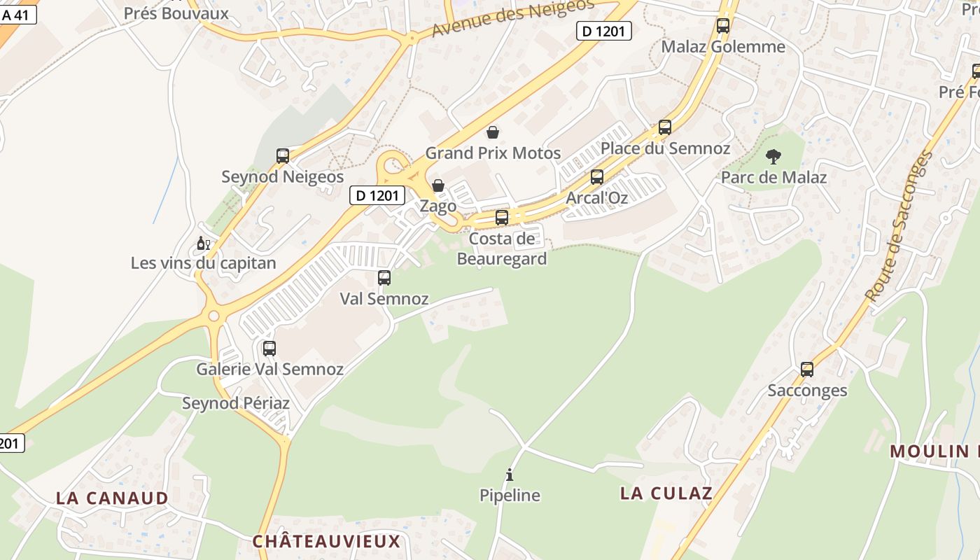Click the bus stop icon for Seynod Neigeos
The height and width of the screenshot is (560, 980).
pos(283,156)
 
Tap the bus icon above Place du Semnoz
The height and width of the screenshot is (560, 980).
pos(665,127)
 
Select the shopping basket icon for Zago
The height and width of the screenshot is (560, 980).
pos(438,185)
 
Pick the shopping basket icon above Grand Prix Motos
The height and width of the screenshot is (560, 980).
pos(493,132)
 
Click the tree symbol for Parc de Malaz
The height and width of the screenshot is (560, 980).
pos(773,156)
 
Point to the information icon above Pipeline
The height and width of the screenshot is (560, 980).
pos(510,475)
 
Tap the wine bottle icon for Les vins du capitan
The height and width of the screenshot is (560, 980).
pos(203,244)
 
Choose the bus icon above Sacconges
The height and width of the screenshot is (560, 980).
pos(807,370)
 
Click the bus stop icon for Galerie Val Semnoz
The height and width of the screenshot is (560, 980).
pos(269,348)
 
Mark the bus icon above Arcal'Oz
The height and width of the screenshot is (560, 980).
pos(597,177)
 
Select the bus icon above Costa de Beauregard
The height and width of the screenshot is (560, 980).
pos(502,218)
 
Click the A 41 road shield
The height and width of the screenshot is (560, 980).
pos(17,15)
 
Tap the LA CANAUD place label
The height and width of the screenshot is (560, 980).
pos(112,498)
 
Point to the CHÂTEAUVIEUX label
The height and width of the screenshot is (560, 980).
pos(326,541)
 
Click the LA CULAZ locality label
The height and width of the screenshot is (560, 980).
pos(666,493)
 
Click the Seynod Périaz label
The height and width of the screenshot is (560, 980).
pos(236,403)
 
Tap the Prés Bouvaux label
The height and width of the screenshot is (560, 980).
pos(176,13)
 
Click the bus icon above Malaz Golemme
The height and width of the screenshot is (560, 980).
pos(723,26)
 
